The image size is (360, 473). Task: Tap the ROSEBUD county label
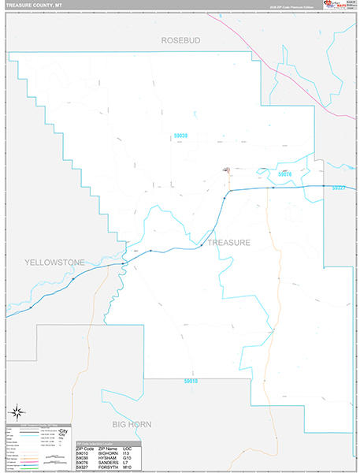[x=182, y=39]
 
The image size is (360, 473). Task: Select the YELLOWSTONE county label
[x=54, y=261]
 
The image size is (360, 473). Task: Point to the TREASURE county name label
[x=229, y=243]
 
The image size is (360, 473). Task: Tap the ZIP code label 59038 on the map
[x=180, y=136]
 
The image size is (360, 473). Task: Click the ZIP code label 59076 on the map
[x=285, y=174]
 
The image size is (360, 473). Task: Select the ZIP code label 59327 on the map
[x=339, y=188]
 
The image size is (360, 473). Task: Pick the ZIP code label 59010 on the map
[x=191, y=382]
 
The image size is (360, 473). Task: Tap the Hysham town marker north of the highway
[x=228, y=169]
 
